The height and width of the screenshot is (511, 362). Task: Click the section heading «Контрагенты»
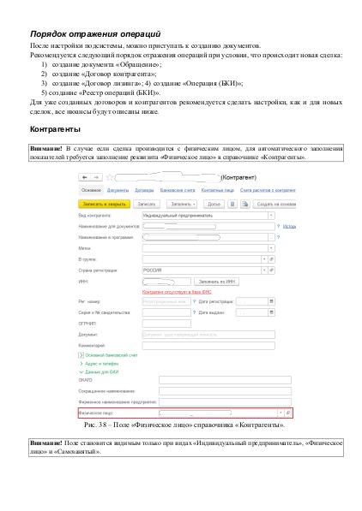(x=57, y=129)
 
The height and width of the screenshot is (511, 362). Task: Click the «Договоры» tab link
(x=144, y=190)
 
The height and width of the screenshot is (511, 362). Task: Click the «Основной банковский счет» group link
(x=108, y=354)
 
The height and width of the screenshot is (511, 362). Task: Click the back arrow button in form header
(x=86, y=177)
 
